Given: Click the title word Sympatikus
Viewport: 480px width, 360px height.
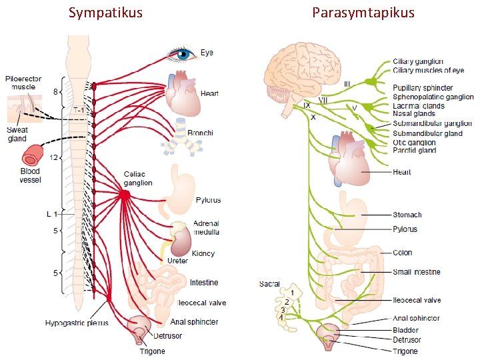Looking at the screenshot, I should (x=105, y=13).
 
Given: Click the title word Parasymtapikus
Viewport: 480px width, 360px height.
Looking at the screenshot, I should (x=363, y=13).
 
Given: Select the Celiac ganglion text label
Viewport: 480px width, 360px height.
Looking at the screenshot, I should (x=138, y=179).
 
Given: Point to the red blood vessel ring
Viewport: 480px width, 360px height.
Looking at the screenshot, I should (x=32, y=158).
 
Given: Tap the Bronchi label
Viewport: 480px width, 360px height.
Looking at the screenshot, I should (x=200, y=133).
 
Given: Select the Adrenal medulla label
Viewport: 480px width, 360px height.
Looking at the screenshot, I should (x=206, y=227).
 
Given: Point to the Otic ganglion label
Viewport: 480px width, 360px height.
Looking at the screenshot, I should (x=414, y=142).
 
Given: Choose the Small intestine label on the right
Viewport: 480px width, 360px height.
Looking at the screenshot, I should (x=416, y=272).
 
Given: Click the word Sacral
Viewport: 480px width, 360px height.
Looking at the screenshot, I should (x=269, y=284).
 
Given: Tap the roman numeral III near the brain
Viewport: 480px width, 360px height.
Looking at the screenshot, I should (x=347, y=84).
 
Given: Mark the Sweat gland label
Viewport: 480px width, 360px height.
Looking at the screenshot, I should (x=17, y=134).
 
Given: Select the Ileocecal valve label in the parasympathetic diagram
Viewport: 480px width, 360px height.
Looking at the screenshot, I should (x=417, y=300).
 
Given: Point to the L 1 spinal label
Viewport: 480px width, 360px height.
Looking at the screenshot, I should (x=51, y=214).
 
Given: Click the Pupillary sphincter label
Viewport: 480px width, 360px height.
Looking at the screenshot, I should (x=423, y=88).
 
